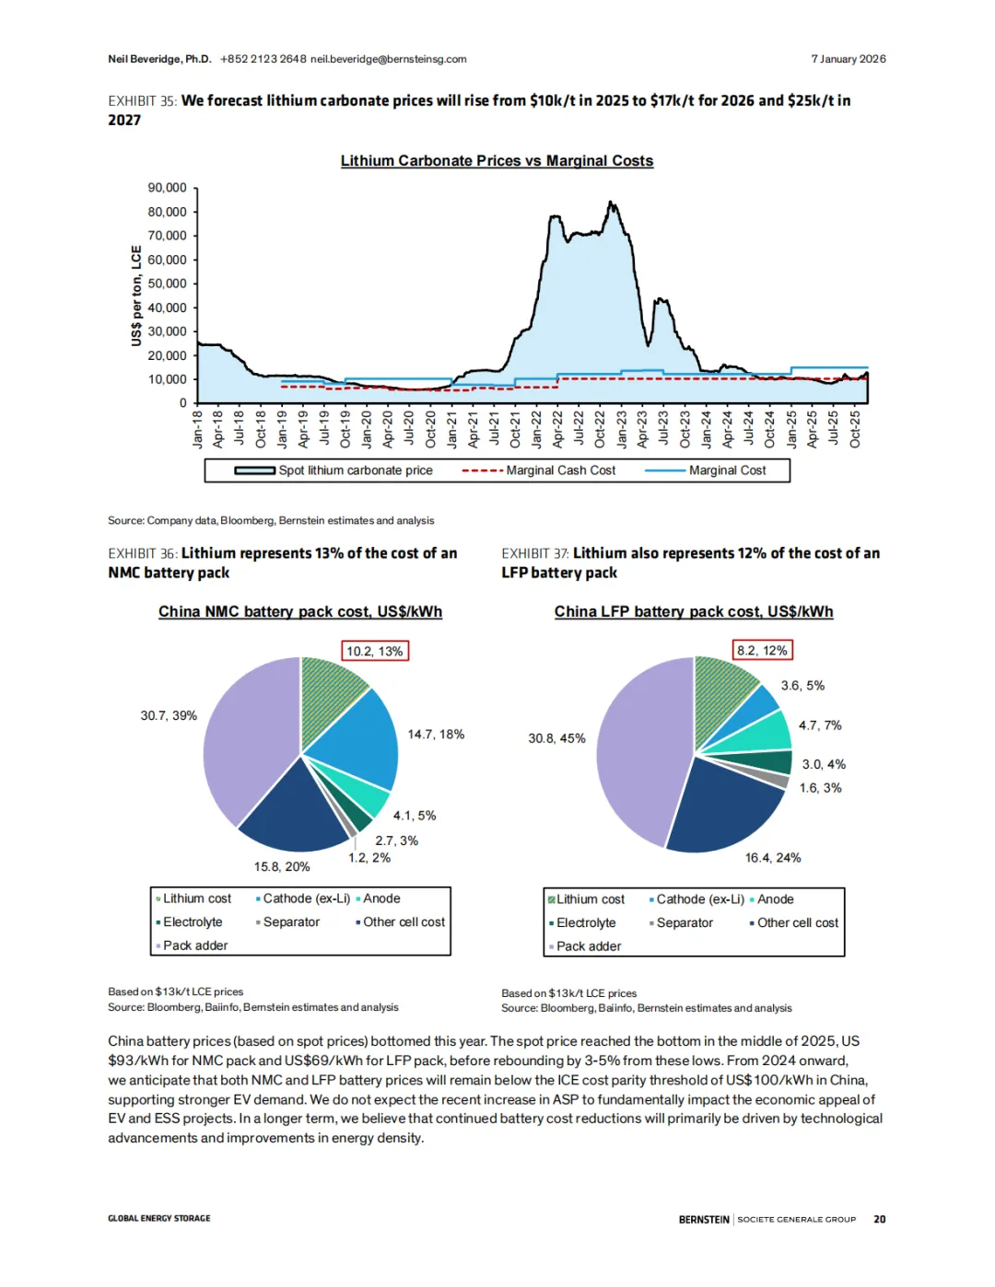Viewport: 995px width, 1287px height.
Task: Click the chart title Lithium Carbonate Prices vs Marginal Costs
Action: click(497, 161)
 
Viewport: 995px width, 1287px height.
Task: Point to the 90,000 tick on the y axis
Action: click(167, 188)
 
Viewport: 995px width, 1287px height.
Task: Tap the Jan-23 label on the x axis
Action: click(621, 429)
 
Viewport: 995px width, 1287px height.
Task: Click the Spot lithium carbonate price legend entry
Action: click(355, 470)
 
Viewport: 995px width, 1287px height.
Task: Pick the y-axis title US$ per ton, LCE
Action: click(136, 296)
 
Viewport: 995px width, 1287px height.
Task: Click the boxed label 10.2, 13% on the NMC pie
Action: click(374, 651)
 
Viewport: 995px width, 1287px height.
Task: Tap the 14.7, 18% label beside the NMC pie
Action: click(436, 735)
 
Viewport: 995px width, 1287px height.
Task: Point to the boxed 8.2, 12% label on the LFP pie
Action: click(762, 650)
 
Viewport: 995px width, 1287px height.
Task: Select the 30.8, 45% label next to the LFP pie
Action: click(556, 738)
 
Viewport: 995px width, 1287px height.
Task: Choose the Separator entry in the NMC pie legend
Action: click(291, 922)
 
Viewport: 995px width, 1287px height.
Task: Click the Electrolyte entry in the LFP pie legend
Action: click(586, 923)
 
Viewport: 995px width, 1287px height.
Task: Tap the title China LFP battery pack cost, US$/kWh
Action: click(694, 612)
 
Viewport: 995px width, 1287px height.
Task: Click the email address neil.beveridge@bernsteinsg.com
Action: click(388, 59)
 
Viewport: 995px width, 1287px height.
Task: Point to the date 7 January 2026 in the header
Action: click(848, 59)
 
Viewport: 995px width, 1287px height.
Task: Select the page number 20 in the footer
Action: click(880, 1219)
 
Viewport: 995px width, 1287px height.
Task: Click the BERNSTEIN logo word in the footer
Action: click(704, 1219)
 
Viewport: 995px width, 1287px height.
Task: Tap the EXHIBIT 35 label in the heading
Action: click(142, 101)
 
